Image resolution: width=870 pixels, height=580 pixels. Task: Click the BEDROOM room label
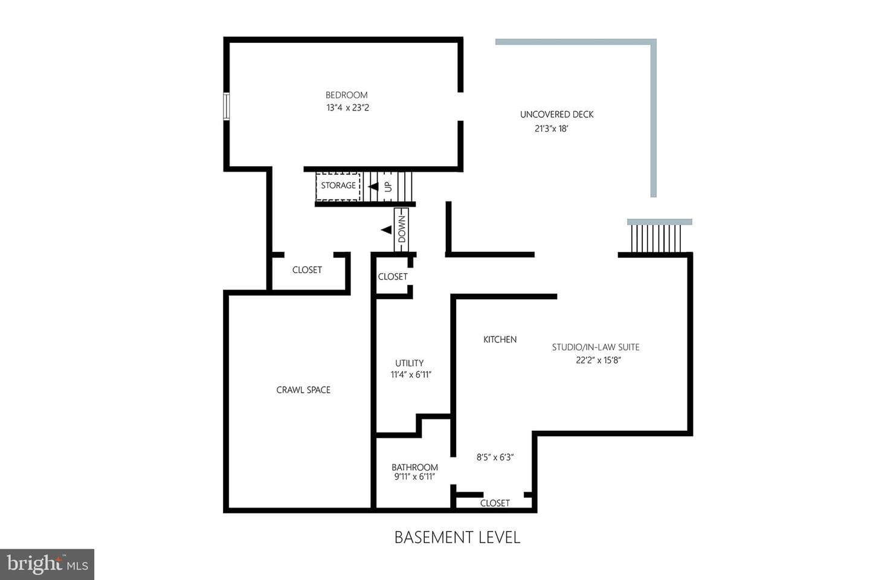click(x=346, y=95)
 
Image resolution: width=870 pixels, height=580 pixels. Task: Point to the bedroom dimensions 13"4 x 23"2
click(x=347, y=108)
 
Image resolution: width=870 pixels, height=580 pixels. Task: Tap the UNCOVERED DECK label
click(x=556, y=115)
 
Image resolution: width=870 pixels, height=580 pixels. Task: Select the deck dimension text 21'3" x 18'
click(x=551, y=129)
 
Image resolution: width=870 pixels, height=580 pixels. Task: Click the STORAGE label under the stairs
click(x=338, y=185)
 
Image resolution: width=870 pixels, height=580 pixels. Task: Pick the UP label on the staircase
click(x=388, y=187)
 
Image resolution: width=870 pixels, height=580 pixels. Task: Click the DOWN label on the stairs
click(x=402, y=230)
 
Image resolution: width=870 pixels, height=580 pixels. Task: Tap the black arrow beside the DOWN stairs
click(x=387, y=230)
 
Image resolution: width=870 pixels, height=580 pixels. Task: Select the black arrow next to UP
click(x=373, y=187)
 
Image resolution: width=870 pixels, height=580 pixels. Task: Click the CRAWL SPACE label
click(x=303, y=390)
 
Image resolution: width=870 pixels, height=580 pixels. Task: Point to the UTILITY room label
click(x=410, y=363)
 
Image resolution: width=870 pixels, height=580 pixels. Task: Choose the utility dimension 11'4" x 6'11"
click(x=411, y=375)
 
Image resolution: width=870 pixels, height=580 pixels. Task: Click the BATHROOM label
click(x=414, y=468)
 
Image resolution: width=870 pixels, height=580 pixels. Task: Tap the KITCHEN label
click(x=500, y=340)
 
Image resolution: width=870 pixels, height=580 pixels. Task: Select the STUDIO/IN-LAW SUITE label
click(x=596, y=347)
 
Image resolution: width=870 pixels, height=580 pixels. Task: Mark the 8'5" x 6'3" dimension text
click(x=495, y=457)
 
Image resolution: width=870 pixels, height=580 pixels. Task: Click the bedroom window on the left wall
click(x=226, y=106)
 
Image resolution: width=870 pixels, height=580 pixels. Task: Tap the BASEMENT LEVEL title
click(x=457, y=537)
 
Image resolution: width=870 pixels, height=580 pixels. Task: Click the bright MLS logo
click(x=47, y=564)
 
